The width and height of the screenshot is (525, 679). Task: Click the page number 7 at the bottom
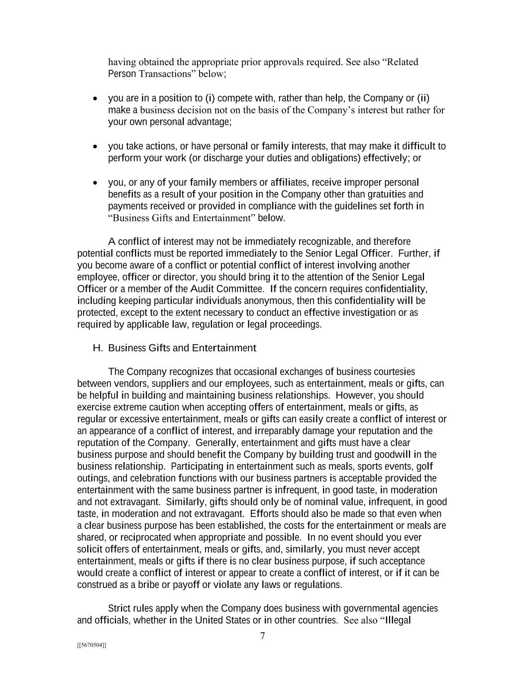(262, 636)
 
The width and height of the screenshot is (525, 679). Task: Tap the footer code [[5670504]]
(92, 645)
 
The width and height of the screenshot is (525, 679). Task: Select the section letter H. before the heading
(98, 348)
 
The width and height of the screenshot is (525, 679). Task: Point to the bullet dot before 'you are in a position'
(95, 98)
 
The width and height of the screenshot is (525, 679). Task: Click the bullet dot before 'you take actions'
(95, 147)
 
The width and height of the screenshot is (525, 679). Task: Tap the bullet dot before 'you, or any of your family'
(95, 183)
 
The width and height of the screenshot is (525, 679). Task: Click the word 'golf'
(423, 467)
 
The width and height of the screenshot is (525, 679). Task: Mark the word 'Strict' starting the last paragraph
(119, 608)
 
